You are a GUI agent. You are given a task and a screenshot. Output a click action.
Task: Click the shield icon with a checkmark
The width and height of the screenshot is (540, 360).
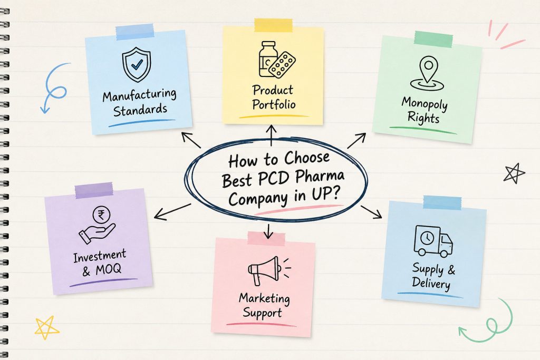(x=137, y=64)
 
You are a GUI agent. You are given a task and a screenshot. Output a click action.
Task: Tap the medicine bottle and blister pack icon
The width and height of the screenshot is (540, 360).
(x=276, y=60)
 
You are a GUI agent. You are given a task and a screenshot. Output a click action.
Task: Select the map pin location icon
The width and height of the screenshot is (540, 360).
(x=427, y=74)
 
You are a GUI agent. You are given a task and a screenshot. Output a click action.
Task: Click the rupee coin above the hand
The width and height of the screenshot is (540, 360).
(x=101, y=216)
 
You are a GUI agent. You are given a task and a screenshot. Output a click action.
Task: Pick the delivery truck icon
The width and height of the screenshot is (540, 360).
(x=433, y=241)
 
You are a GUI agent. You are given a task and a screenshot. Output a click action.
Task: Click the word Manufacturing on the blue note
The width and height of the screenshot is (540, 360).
(x=139, y=95)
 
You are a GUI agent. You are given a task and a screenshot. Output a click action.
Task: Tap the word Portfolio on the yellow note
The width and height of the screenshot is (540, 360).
(x=274, y=104)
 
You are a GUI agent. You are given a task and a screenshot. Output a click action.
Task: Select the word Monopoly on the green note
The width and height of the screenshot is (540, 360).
(x=425, y=103)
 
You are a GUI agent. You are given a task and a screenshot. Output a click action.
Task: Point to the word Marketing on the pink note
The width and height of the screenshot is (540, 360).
(x=265, y=298)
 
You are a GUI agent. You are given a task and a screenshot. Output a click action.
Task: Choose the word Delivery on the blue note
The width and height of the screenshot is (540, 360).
(x=431, y=283)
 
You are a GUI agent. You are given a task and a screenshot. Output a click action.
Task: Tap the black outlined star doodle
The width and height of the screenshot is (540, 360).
(x=514, y=173)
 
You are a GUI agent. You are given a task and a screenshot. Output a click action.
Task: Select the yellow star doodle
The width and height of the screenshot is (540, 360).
(x=47, y=327)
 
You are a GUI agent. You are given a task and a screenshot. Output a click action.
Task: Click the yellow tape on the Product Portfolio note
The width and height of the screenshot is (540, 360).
(x=274, y=25)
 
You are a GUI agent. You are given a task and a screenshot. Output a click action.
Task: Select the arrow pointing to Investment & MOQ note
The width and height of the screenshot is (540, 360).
(x=172, y=212)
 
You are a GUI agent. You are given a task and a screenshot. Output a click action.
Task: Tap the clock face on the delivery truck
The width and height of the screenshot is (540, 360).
(x=427, y=238)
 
